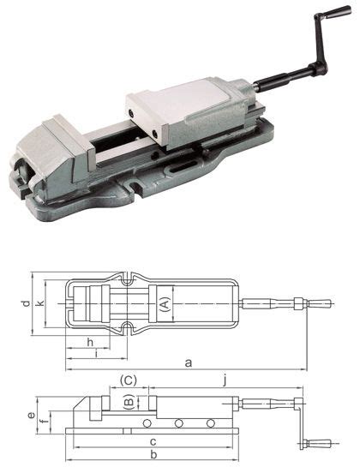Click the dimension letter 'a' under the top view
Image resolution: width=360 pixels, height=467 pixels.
(x=187, y=363)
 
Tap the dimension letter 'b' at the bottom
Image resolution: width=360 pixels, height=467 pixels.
(x=153, y=453)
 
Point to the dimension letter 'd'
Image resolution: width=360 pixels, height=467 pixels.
(x=27, y=303)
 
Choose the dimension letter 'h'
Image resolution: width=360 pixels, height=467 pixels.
(x=91, y=342)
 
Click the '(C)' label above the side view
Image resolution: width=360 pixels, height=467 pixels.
(x=128, y=380)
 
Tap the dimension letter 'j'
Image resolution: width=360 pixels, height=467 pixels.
(x=225, y=380)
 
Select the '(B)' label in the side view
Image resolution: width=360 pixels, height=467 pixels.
(x=128, y=400)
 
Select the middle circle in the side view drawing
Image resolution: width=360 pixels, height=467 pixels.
(x=178, y=423)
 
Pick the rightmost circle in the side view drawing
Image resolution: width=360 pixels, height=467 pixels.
(x=210, y=423)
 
